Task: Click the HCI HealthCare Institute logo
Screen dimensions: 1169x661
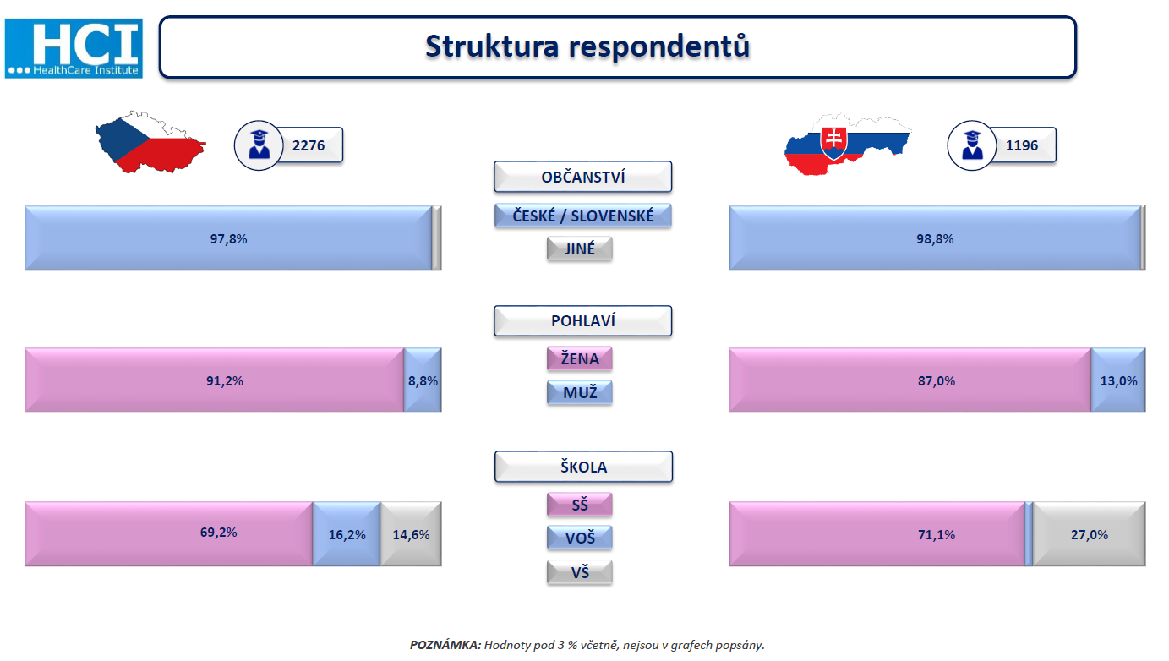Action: pos(74,48)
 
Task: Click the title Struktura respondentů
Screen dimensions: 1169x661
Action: pos(587,46)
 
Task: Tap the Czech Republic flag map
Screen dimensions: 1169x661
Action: pos(150,142)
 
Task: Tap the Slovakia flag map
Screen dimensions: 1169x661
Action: pos(848,144)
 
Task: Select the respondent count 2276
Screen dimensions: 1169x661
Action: pos(309,145)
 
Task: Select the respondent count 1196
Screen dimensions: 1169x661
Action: pos(1022,145)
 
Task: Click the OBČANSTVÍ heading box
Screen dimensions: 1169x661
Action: pos(583,177)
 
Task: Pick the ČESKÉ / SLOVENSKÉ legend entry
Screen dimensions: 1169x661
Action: pos(583,216)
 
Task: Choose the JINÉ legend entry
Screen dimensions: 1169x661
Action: pos(579,249)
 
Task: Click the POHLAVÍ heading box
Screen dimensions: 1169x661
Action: pos(583,321)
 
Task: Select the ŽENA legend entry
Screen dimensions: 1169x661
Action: pos(579,359)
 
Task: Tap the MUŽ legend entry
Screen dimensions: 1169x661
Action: pos(579,392)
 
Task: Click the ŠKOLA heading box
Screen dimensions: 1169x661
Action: pos(583,467)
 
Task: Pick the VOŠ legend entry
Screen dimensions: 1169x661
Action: pos(579,538)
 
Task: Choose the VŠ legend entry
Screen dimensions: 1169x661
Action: pos(579,573)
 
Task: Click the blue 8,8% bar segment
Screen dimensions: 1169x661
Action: pos(423,380)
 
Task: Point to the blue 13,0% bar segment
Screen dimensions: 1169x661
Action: pos(1118,380)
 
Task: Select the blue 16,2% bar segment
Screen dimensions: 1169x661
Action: pos(347,534)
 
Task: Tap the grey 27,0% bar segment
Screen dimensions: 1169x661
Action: pos(1090,534)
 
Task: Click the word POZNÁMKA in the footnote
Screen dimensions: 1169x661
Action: pos(445,645)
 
